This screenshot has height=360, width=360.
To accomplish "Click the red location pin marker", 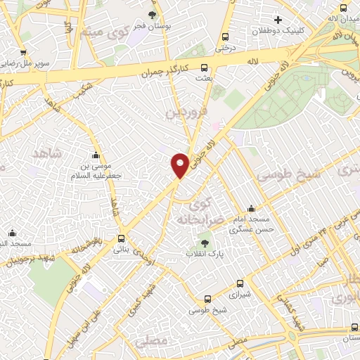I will tap(181, 165).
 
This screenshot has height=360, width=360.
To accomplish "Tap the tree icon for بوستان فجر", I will tap(153, 15).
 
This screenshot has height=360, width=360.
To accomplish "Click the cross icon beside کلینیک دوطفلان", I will tap(278, 19).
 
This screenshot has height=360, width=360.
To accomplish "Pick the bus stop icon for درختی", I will tap(225, 37).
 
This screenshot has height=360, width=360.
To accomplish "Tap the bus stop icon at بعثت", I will tap(204, 68).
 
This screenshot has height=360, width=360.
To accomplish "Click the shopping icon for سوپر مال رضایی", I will tap(23, 52).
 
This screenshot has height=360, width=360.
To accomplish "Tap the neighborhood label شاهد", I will tap(47, 153).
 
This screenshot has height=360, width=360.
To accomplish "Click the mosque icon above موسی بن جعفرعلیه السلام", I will tap(96, 155).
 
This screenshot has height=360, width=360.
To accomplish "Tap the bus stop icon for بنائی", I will tap(122, 238).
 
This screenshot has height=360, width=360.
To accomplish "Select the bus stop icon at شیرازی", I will tap(240, 284).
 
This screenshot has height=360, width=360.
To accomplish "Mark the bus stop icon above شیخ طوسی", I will tap(207, 298).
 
